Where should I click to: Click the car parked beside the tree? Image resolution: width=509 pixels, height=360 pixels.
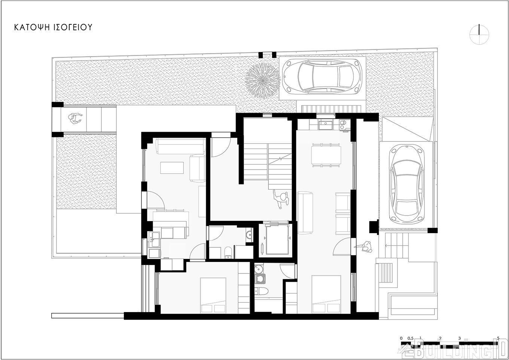point(323,76)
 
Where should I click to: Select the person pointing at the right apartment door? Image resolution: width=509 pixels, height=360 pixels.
point(364,247)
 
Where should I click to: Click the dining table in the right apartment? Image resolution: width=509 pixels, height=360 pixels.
point(326,155)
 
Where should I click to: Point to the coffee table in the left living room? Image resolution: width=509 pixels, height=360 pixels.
point(172,168)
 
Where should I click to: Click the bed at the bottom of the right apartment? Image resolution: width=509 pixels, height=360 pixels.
point(326,295)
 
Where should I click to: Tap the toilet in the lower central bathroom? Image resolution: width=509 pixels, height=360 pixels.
point(261,291)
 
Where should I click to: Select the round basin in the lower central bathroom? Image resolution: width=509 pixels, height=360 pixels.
point(259,269)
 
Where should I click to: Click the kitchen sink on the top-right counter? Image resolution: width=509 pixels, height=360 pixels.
point(326,125)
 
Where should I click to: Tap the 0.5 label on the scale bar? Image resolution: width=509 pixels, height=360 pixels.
point(410,338)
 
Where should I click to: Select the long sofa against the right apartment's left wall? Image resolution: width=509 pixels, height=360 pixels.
point(305,213)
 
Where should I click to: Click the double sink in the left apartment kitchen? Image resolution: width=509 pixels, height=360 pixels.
point(154,240)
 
